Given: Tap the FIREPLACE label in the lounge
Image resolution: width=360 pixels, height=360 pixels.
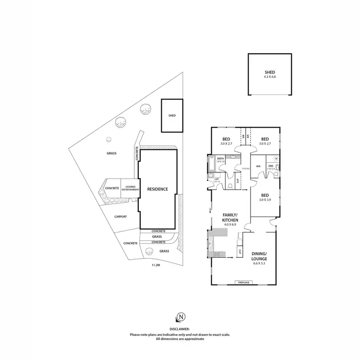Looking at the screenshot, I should point(243,282).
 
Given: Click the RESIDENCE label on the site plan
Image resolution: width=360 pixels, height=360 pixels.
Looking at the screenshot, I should point(157,189).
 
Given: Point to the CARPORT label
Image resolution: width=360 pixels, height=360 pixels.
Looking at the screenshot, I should point(120,216).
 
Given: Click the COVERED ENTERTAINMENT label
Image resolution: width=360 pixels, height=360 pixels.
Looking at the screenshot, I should point(130,188).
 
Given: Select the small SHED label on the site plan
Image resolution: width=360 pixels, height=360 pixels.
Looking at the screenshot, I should point(172,116).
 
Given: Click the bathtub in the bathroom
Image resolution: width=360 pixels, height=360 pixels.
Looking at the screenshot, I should point(211,164).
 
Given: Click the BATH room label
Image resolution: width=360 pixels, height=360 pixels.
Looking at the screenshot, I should point(221,158).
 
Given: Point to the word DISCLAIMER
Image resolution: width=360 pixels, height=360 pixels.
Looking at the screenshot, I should point(180,329).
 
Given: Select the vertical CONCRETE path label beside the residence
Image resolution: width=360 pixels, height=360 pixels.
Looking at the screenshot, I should point(137,154).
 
